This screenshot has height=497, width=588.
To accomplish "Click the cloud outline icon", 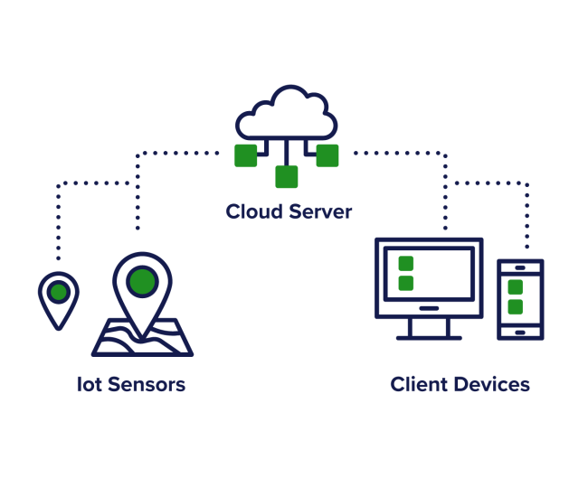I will [286, 113].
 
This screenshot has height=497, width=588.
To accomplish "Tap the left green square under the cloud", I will [245, 155].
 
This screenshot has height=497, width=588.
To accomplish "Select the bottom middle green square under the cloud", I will [287, 176].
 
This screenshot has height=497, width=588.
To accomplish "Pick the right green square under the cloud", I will [327, 155].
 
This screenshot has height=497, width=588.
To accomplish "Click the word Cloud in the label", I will [253, 212].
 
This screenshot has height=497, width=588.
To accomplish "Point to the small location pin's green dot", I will [59, 292].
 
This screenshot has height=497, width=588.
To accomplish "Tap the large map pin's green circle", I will [142, 282].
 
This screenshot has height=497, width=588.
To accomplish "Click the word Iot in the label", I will [89, 385].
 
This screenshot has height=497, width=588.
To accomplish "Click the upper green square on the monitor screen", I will [406, 264].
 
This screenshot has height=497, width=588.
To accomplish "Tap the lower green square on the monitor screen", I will [406, 283].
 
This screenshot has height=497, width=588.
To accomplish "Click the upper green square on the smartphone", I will [516, 287].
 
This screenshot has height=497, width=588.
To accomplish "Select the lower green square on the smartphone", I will [516, 307].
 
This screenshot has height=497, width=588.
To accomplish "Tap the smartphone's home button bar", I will [520, 332].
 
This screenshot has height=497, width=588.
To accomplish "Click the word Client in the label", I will [419, 385].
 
